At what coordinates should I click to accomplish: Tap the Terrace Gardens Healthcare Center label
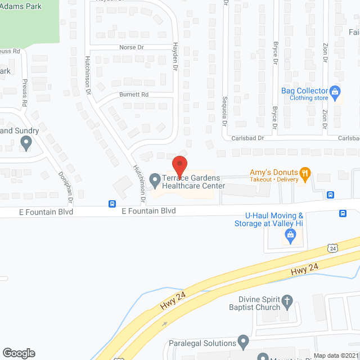click(x=193, y=182)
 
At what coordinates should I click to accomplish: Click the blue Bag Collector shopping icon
click(x=335, y=91)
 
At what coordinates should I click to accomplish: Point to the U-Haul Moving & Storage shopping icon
click(x=290, y=237)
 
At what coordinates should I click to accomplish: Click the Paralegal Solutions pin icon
click(x=243, y=341)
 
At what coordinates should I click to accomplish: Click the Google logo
click(x=18, y=353)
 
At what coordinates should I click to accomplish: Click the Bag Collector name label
click(x=305, y=91)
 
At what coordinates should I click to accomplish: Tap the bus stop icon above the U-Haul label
click(x=343, y=213)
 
